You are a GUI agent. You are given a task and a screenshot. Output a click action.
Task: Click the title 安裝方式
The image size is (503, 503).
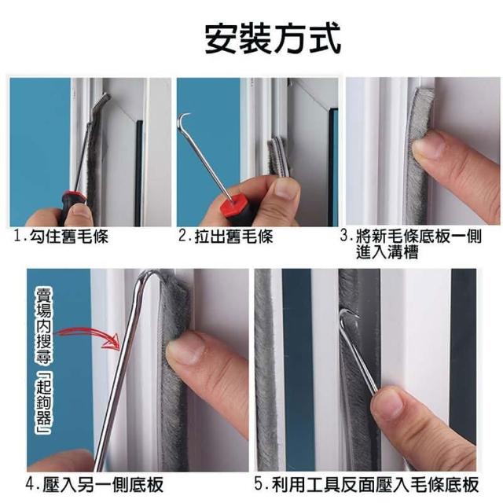click(273, 39)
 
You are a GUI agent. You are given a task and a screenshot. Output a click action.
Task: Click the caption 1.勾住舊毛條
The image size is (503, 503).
click(61, 237)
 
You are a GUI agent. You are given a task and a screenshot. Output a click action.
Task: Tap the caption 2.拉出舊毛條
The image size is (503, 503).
click(226, 237)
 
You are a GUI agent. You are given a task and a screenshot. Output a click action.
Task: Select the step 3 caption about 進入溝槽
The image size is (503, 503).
click(411, 244)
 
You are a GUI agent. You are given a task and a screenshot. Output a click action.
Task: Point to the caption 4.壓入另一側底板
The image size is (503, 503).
click(94, 484)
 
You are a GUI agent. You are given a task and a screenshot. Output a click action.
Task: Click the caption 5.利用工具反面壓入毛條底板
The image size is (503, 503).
click(367, 484)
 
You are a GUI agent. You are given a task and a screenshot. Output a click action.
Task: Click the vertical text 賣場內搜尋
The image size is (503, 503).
click(44, 325)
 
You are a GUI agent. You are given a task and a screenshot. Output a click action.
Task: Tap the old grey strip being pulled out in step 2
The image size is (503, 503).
click(278, 156)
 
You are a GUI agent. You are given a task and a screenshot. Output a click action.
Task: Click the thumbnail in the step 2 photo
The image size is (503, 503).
click(285, 189)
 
